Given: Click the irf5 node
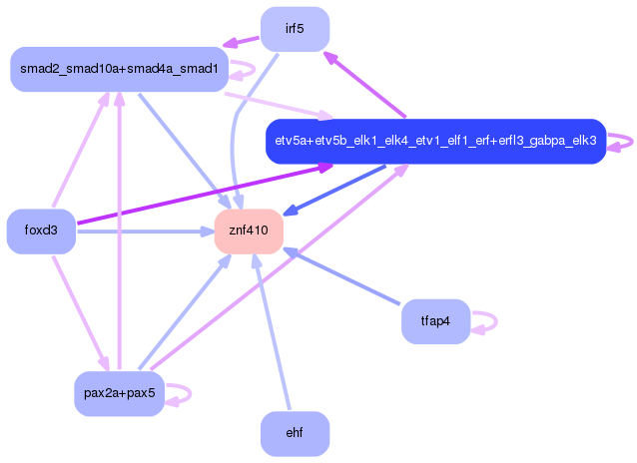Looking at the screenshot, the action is (x=295, y=29).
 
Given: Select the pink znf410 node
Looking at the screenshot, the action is (x=249, y=231).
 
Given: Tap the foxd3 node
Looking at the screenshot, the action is (x=41, y=231).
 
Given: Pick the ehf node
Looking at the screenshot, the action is (x=295, y=433).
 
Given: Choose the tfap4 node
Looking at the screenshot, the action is (x=436, y=321).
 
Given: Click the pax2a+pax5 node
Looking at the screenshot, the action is (x=120, y=393).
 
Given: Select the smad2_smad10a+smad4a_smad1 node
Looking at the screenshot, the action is (x=120, y=69).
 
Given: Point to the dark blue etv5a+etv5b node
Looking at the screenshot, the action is (x=436, y=142).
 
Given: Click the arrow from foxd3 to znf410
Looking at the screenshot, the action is (x=146, y=231).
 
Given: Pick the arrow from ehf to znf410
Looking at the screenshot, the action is (x=273, y=332).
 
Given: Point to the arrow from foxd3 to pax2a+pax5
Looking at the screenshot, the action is (x=81, y=313).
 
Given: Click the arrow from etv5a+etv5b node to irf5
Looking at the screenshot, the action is (x=364, y=85).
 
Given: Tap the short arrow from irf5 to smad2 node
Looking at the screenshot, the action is (x=241, y=42).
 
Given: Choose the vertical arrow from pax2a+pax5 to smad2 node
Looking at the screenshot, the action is (x=120, y=231).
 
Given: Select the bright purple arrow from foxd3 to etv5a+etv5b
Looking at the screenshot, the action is (x=205, y=194).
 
